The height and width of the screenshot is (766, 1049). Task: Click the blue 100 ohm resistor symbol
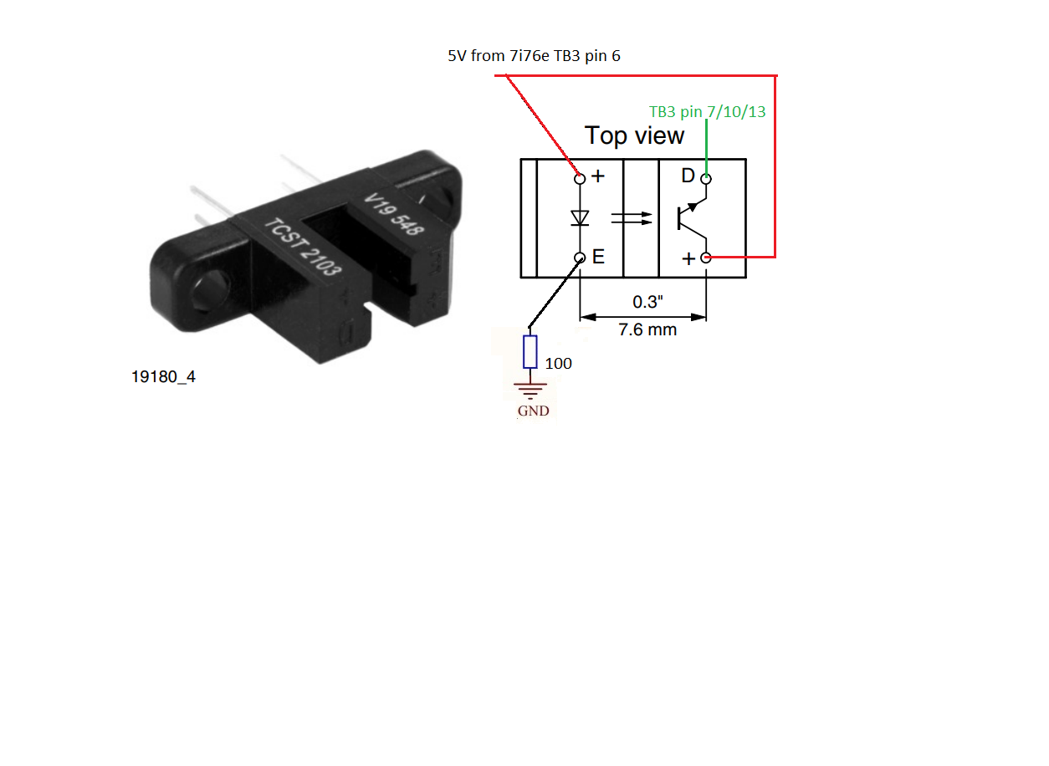tap(530, 351)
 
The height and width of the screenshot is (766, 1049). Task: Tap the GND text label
tap(534, 411)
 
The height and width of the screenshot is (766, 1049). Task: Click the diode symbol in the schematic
tap(580, 218)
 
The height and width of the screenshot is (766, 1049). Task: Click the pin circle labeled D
tap(706, 179)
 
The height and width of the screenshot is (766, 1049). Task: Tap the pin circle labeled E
tap(580, 258)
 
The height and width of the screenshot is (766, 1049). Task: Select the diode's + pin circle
tap(580, 178)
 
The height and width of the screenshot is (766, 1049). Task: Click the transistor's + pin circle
tap(706, 258)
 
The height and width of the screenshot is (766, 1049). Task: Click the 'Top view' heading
tap(635, 135)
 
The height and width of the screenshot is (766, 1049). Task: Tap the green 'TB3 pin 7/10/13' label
tap(707, 111)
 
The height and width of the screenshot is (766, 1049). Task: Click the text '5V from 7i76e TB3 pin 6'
tap(534, 56)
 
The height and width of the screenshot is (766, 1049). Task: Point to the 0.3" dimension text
tap(647, 302)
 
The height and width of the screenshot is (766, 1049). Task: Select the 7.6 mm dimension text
tap(647, 329)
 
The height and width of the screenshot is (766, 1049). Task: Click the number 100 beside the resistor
tap(558, 363)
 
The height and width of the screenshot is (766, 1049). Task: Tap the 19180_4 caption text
tap(163, 376)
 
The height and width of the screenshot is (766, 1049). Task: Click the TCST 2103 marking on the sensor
tap(303, 247)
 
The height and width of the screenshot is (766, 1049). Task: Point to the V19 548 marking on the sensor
tap(394, 214)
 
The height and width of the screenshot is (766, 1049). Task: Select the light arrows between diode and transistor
tap(632, 218)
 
